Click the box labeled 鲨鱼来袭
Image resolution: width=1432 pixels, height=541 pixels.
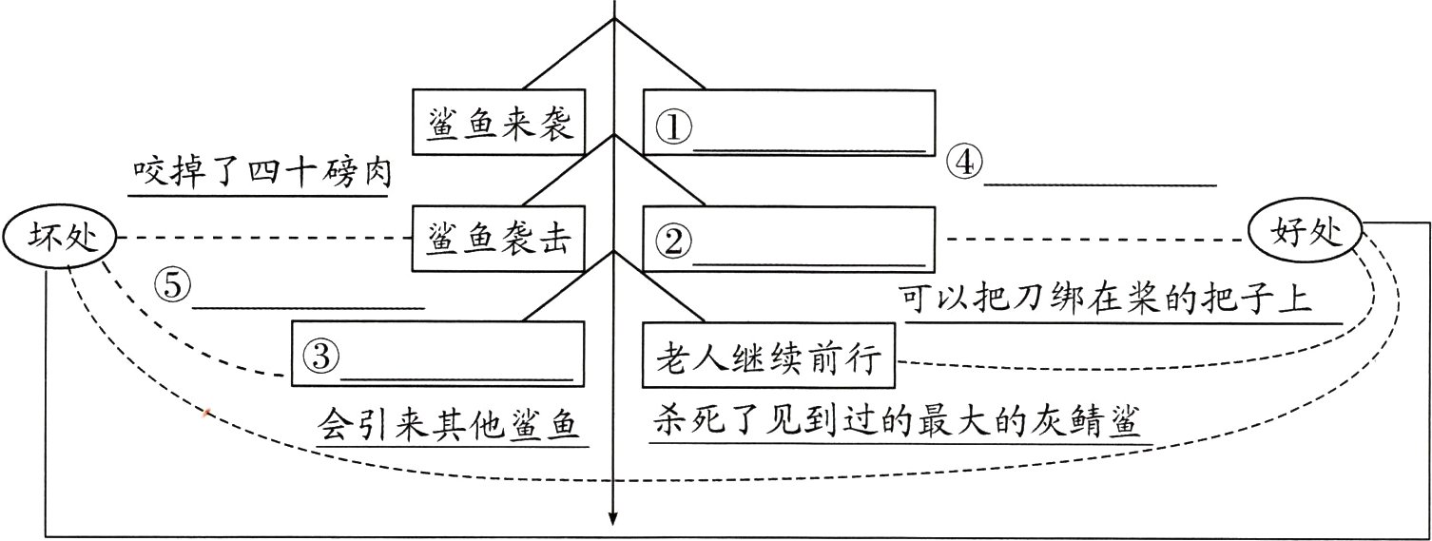click(498, 122)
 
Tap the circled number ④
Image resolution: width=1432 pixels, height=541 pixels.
click(963, 164)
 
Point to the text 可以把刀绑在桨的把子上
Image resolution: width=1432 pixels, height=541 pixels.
click(1105, 299)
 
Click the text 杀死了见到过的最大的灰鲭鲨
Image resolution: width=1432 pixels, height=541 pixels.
click(896, 419)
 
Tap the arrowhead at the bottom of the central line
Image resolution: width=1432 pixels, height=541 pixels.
click(613, 518)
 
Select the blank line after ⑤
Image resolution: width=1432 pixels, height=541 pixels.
click(308, 306)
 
